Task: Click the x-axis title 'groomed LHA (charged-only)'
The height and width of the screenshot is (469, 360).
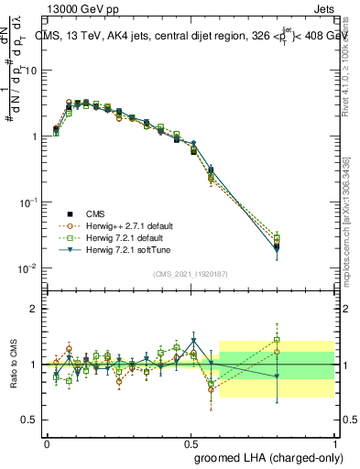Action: pyautogui.click(x=267, y=457)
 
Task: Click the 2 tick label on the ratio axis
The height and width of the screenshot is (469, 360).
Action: pyautogui.click(x=34, y=309)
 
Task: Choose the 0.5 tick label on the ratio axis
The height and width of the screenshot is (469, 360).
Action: pyautogui.click(x=29, y=420)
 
